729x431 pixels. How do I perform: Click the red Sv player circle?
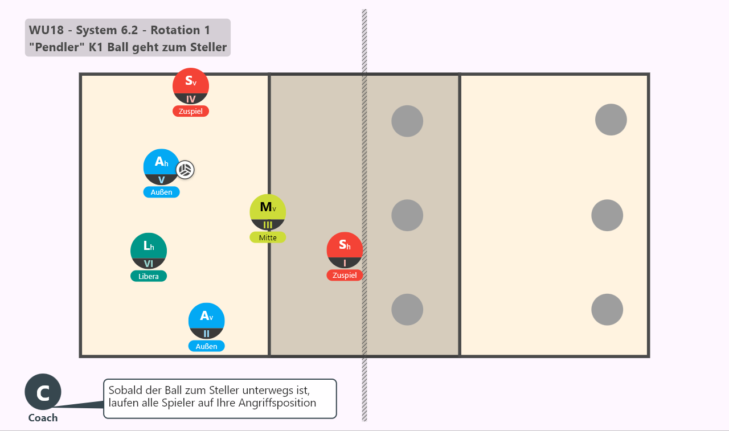coord(191,86)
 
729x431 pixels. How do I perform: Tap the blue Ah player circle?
coord(161,167)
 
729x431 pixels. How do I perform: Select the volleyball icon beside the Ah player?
coord(185,170)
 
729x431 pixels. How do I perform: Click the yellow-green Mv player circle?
coord(268,212)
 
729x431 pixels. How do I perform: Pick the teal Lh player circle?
coord(149,251)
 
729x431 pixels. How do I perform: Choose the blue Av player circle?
coord(207,321)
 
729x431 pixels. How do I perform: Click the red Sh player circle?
coord(345,250)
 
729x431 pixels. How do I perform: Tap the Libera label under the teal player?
coord(149,276)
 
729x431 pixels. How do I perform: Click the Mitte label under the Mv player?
coord(268,237)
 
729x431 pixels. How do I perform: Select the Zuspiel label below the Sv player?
coord(191,111)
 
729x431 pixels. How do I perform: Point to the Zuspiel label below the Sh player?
coord(345,275)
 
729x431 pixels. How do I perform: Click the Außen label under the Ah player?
coord(161,192)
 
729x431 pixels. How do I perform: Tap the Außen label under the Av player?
coord(207,346)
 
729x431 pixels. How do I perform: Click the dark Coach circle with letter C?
coord(43,392)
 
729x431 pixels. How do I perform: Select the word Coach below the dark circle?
coord(43,418)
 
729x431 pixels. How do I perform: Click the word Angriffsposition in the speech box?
coord(277,403)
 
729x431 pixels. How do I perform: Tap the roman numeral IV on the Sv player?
coord(191,99)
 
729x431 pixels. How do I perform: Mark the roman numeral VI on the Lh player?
coord(149,264)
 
